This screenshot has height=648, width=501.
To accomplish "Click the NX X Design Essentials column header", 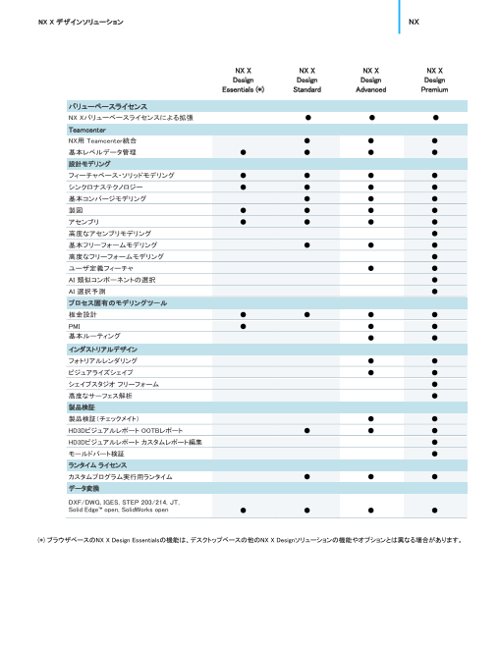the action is click(243, 80).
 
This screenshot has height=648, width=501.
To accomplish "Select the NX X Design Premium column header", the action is click(434, 80).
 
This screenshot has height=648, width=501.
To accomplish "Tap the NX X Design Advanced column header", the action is click(370, 80).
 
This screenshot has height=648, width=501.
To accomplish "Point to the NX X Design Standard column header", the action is click(306, 80).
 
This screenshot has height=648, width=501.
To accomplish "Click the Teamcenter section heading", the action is click(86, 130).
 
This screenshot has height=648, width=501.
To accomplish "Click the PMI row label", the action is click(75, 325).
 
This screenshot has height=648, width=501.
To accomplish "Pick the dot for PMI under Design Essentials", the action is click(243, 325).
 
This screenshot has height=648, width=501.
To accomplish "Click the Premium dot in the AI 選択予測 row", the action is click(434, 291).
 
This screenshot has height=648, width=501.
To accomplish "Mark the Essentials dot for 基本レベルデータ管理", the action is click(243, 152).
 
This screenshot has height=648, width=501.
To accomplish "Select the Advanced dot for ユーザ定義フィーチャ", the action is click(370, 268).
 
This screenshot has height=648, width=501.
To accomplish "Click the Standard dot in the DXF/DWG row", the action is click(306, 510).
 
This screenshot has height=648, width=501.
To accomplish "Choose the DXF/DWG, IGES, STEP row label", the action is click(122, 506).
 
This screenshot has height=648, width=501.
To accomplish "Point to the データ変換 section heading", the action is click(84, 488).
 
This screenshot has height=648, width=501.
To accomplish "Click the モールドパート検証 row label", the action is click(96, 454).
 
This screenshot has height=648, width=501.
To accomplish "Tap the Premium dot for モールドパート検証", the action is click(434, 454).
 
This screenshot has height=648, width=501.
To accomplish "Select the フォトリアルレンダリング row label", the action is click(102, 360).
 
